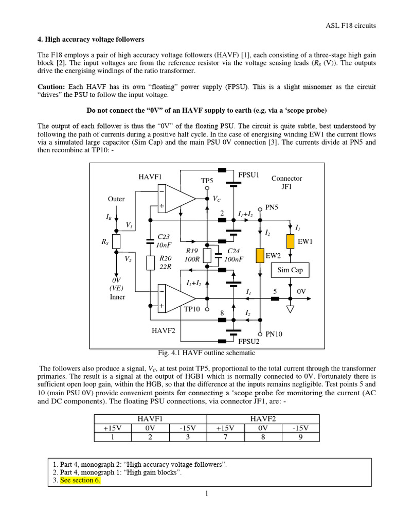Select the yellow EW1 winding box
290,241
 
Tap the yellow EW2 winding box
261,255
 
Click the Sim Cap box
290,270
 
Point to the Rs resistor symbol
116,241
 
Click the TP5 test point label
207,181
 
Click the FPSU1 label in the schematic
248,175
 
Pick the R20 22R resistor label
166,262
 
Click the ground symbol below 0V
291,309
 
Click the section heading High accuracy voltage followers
91,39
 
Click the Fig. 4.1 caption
206,353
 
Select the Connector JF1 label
286,183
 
